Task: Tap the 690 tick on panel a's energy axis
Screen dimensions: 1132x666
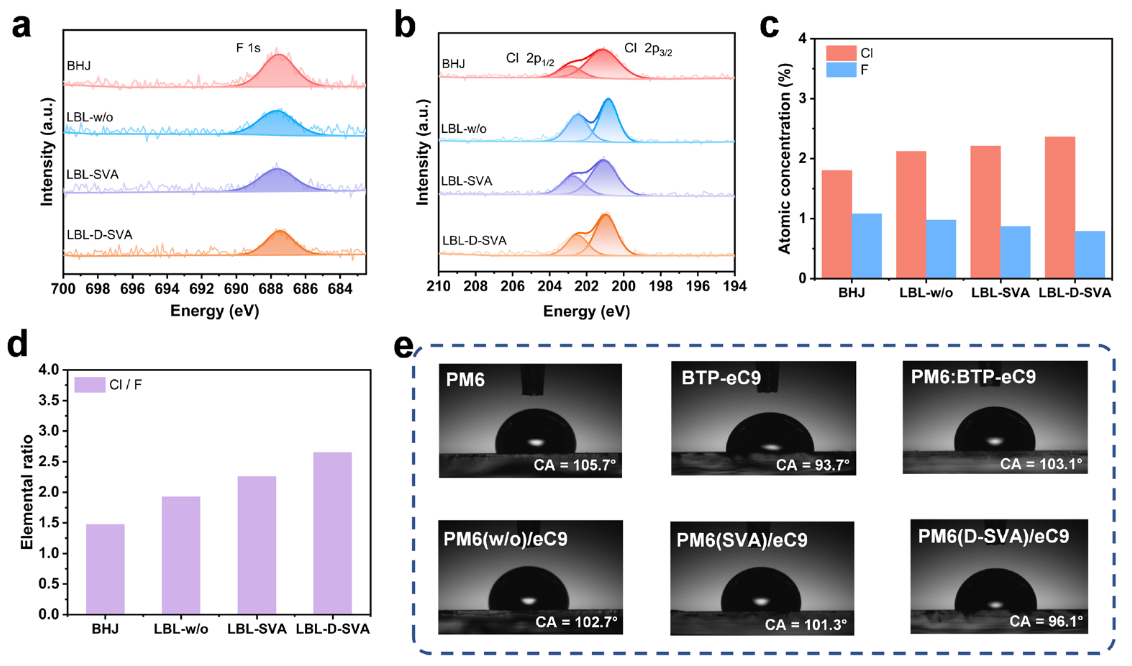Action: (x=236, y=289)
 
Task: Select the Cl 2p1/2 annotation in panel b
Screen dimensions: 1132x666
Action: (x=530, y=59)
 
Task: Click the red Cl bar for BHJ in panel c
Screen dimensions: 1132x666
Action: (x=836, y=224)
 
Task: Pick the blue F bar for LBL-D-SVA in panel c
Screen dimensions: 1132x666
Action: (x=1090, y=254)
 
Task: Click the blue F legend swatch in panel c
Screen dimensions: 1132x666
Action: (x=841, y=70)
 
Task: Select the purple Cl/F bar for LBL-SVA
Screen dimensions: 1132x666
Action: (x=256, y=545)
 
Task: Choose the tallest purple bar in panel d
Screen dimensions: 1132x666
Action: (x=332, y=533)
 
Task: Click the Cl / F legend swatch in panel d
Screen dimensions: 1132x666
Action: (x=90, y=385)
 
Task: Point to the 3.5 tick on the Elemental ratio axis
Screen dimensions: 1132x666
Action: (x=49, y=400)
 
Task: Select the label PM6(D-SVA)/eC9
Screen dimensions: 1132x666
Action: (x=993, y=536)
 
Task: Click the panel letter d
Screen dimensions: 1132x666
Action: (x=18, y=343)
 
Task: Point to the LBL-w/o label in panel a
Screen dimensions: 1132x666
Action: (x=90, y=117)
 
